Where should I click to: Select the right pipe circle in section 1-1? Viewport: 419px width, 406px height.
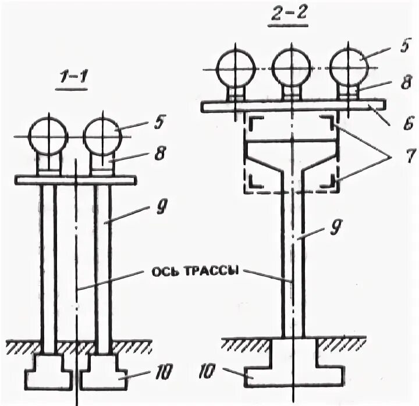(102, 136)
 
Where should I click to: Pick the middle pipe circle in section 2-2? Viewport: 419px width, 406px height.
(291, 69)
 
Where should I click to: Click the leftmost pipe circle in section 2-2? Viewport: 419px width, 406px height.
(235, 69)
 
